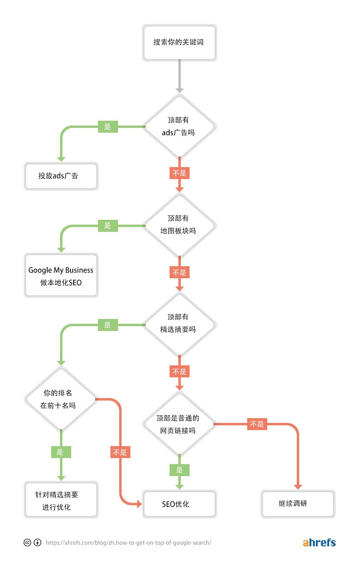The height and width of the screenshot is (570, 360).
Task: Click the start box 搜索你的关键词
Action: pyautogui.click(x=179, y=42)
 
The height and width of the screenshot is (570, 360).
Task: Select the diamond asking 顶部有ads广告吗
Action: pyautogui.click(x=179, y=126)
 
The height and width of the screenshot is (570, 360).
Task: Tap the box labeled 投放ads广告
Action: pyautogui.click(x=61, y=176)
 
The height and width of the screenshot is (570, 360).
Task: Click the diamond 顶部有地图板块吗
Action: pyautogui.click(x=179, y=225)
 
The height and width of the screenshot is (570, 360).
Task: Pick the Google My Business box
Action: pyautogui.click(x=61, y=276)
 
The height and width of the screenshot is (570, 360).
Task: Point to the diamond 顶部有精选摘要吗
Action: pyautogui.click(x=179, y=324)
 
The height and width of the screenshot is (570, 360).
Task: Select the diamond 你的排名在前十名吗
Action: pyautogui.click(x=61, y=399)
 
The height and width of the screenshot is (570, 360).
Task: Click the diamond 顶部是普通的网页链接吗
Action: pyautogui.click(x=179, y=424)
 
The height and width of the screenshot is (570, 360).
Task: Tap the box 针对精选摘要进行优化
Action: pyautogui.click(x=61, y=500)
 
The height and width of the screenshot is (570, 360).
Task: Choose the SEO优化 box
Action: pyautogui.click(x=179, y=504)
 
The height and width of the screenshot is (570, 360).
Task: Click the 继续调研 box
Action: pyautogui.click(x=298, y=504)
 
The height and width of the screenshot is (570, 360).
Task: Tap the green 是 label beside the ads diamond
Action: pyautogui.click(x=108, y=127)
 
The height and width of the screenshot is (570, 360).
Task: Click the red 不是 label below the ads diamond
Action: pyautogui.click(x=179, y=173)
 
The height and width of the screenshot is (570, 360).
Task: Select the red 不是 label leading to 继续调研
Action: pyautogui.click(x=257, y=424)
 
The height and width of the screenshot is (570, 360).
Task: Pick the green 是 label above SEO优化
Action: pyautogui.click(x=179, y=470)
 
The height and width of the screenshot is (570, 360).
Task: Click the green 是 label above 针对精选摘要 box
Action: pyautogui.click(x=61, y=452)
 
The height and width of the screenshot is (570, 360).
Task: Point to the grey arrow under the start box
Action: pyautogui.click(x=179, y=76)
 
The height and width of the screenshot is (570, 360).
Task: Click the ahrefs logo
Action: pyautogui.click(x=319, y=542)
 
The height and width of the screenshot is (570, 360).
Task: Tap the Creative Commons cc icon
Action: pyautogui.click(x=27, y=542)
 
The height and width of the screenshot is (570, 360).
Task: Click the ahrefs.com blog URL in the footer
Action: pyautogui.click(x=128, y=543)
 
